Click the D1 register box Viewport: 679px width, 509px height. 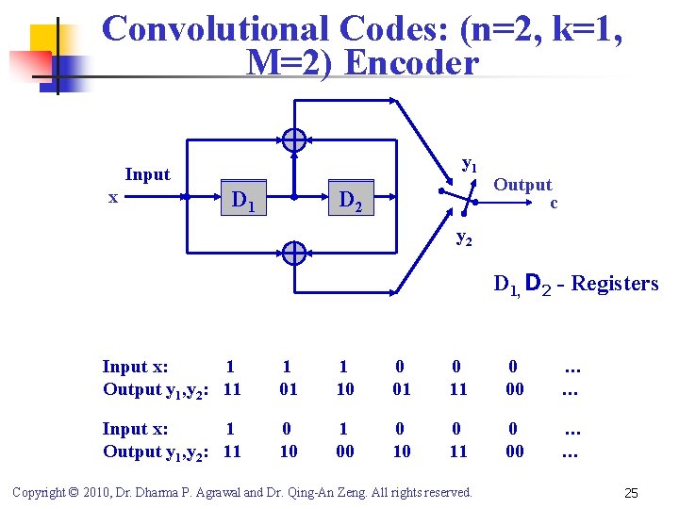(x=242, y=199)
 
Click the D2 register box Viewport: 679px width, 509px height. (x=349, y=199)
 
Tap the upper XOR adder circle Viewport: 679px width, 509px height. (x=294, y=140)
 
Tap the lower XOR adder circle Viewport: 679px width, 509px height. (x=294, y=254)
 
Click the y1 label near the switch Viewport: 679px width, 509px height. (x=469, y=163)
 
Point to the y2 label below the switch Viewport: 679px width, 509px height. (x=464, y=238)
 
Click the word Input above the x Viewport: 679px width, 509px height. (x=148, y=174)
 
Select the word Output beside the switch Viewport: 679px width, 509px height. (x=522, y=185)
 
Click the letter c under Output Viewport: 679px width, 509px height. (x=554, y=203)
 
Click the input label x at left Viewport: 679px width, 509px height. (x=113, y=197)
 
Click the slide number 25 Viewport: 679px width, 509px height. (x=633, y=493)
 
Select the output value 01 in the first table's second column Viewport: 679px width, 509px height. (x=289, y=389)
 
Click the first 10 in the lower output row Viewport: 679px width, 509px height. (x=289, y=452)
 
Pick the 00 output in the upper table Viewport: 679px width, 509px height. (x=513, y=389)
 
